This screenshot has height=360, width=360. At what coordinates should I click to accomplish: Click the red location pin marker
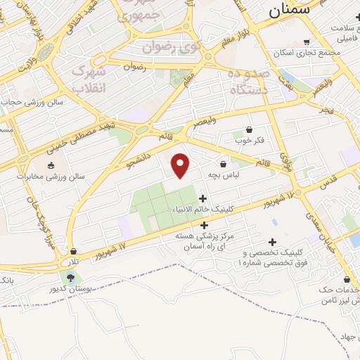[181, 165]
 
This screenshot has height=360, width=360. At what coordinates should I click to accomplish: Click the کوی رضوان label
[171, 48]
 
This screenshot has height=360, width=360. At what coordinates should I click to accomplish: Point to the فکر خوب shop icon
[250, 129]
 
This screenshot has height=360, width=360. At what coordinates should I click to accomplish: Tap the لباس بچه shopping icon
[223, 164]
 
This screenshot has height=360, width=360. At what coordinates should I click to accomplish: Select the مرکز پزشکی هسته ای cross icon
[205, 226]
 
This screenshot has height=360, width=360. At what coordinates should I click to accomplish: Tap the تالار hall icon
[72, 252]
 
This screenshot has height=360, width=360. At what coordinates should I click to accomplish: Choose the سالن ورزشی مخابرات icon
[50, 165]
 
